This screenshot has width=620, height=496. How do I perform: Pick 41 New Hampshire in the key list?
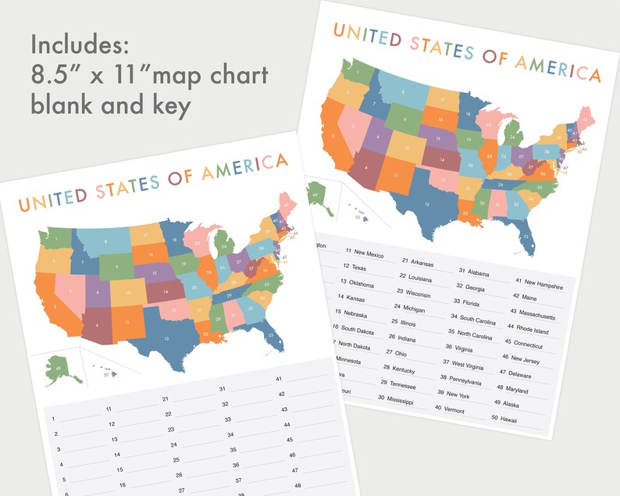[540, 283]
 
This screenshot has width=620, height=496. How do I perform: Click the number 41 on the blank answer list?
[279, 379]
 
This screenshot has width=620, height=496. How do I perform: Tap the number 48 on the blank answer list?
[297, 485]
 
